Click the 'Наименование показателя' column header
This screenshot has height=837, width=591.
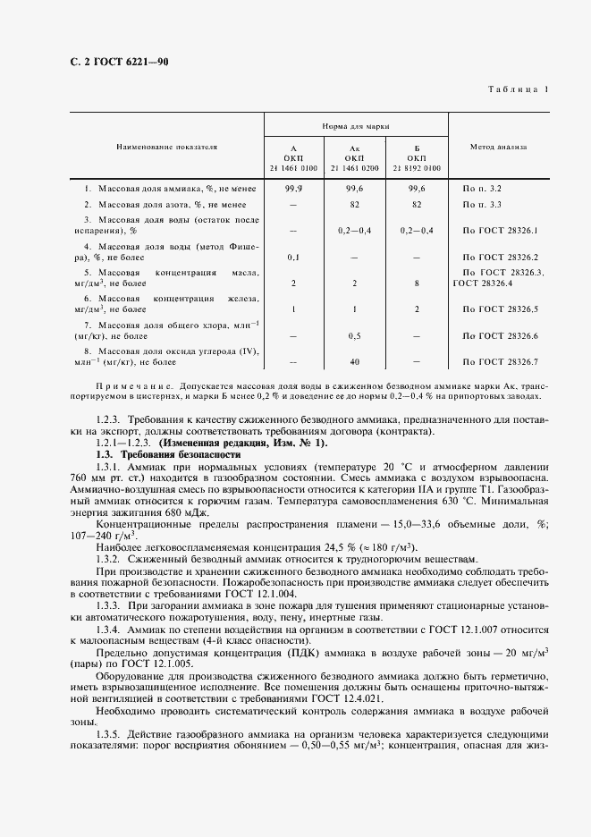pos(165,146)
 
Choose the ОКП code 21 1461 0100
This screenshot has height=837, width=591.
pos(293,167)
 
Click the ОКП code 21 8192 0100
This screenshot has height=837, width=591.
pos(416,167)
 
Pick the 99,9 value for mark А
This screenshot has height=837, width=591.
pos(293,190)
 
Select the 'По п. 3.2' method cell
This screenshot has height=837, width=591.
pos(482,190)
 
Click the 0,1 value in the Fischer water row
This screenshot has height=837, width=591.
pos(293,257)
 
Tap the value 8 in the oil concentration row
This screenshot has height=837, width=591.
pos(416,283)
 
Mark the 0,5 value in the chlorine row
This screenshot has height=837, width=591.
pos(354,335)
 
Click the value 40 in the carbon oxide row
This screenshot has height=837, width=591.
pos(354,361)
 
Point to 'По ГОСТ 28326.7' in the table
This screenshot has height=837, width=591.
pos(500,361)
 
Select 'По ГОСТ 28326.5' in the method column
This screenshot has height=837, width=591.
pos(500,309)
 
